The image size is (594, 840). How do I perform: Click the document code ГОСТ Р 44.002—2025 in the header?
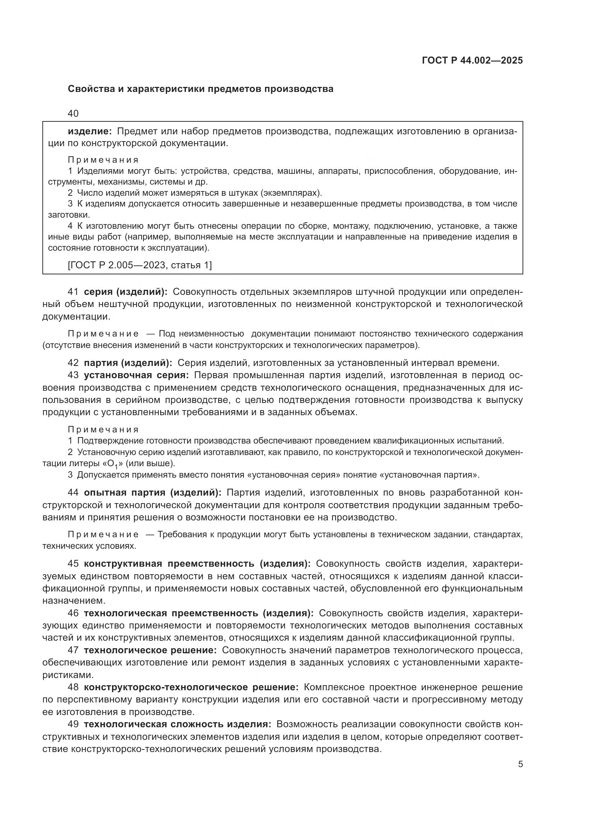tap(472, 60)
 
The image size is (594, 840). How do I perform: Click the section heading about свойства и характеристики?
tap(200, 89)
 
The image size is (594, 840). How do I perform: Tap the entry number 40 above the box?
tap(73, 113)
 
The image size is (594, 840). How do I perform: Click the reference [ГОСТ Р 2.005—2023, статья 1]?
tap(140, 265)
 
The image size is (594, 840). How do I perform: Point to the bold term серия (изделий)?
tap(126, 292)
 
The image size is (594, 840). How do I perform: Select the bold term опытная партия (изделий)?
tap(153, 493)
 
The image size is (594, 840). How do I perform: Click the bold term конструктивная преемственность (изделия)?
tap(197, 563)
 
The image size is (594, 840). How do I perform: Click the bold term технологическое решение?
tap(150, 650)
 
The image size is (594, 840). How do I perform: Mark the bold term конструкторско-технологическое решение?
tap(191, 687)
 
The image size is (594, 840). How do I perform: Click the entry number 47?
tap(73, 650)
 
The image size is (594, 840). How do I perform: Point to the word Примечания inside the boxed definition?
tap(103, 160)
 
